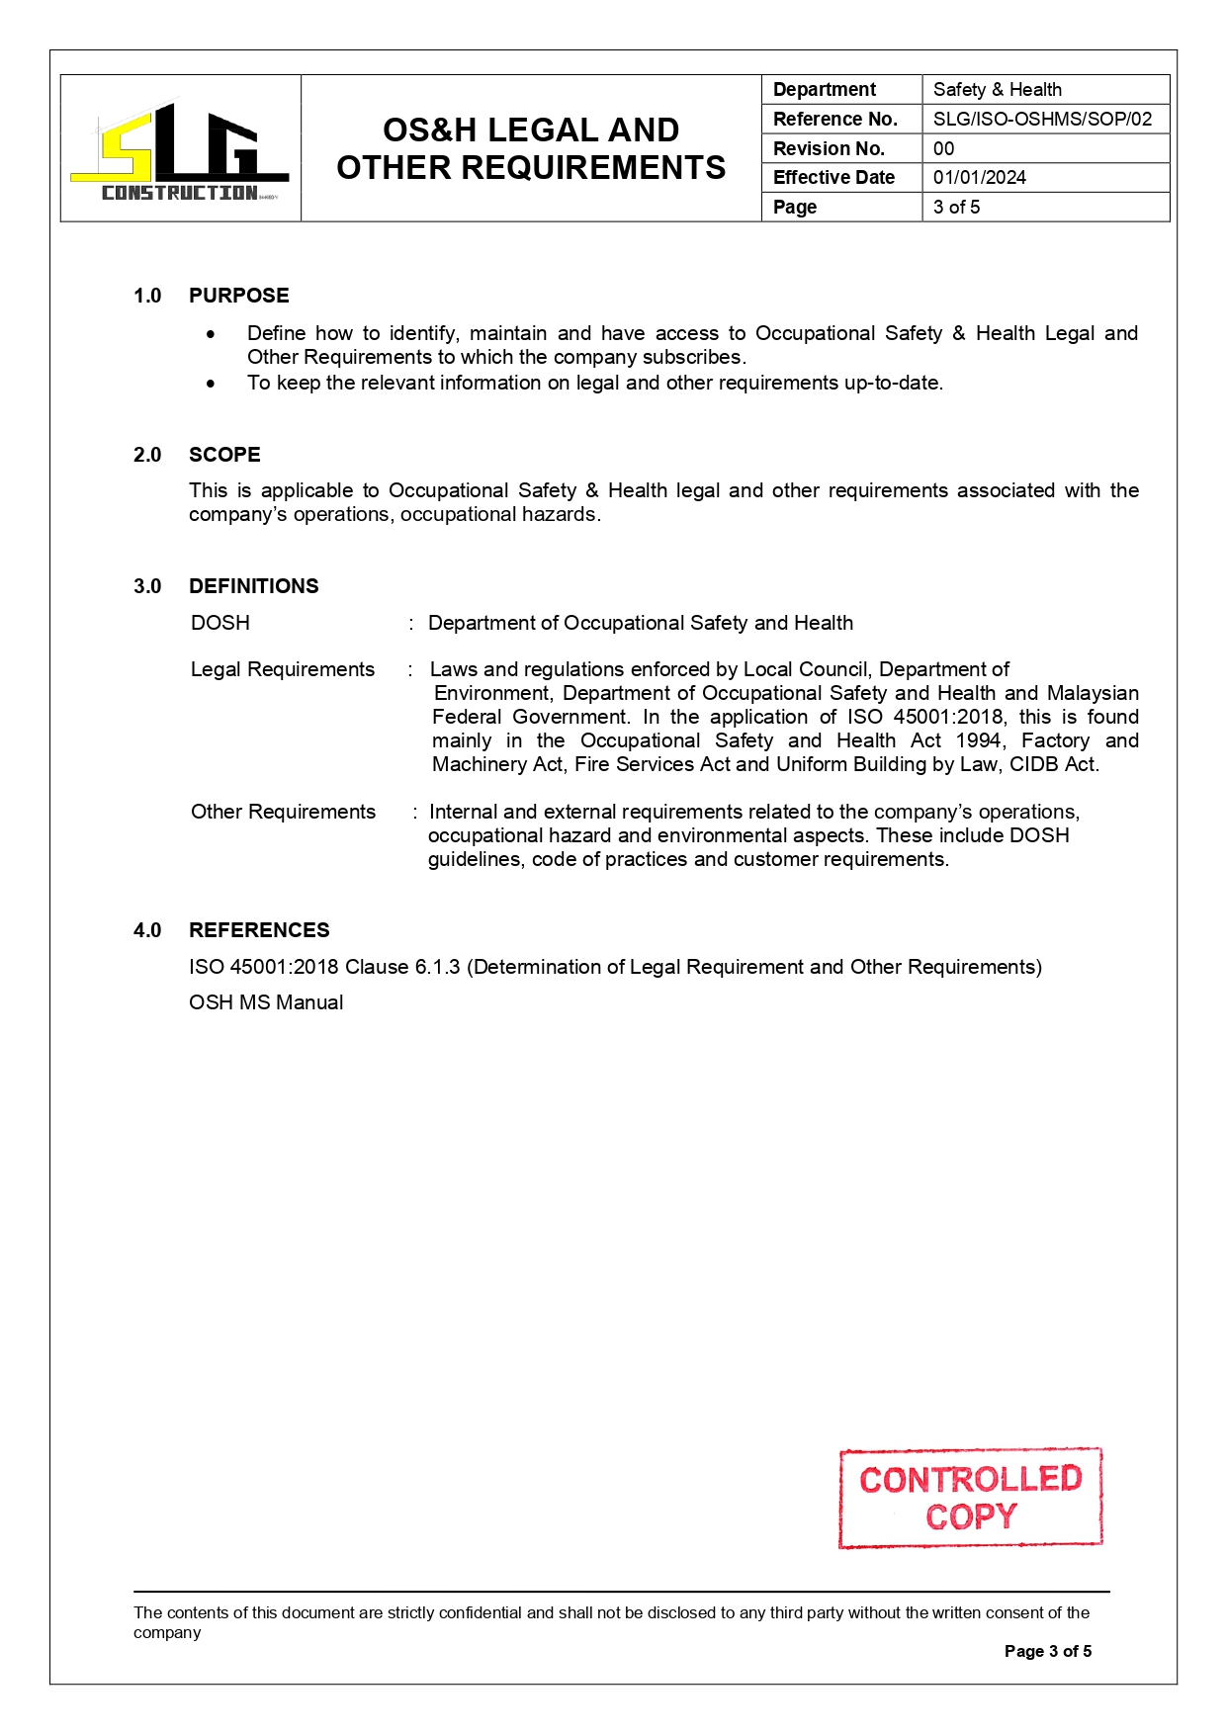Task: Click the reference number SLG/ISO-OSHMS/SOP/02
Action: tap(1042, 120)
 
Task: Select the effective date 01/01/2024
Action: tap(979, 178)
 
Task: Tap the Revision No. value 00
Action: tap(943, 149)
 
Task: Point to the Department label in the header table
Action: tap(824, 90)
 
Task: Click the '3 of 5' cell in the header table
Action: tap(956, 208)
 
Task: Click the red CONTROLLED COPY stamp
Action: tap(970, 1498)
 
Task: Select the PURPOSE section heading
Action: tap(238, 296)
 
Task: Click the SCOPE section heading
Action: tap(224, 455)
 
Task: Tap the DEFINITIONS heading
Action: tap(253, 586)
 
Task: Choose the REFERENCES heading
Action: tap(259, 930)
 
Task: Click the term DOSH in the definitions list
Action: tap(219, 623)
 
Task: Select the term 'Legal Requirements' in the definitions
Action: tap(282, 670)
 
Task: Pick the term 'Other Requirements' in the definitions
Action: tap(283, 813)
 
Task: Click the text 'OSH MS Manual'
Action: tap(266, 1002)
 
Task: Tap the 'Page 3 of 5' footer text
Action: tap(1047, 1651)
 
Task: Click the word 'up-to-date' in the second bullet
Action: tap(892, 384)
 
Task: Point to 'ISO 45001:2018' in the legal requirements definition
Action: tap(924, 718)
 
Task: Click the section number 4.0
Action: tap(147, 930)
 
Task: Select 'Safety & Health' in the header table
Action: tap(997, 90)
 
